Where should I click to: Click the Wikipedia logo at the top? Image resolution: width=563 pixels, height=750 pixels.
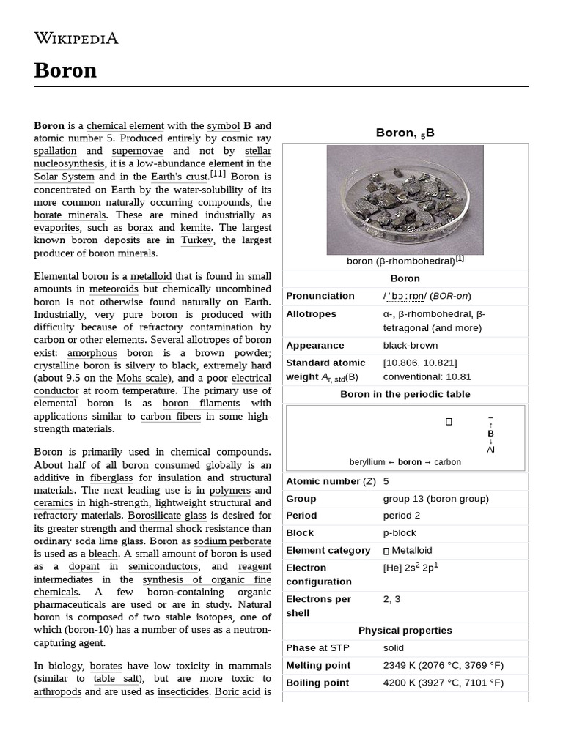coord(76,38)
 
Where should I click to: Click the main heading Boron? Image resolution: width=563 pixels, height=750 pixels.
coord(65,70)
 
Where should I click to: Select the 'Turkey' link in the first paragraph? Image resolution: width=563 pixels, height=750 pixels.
coord(196,240)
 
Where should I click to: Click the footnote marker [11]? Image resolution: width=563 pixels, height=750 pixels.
coord(218,174)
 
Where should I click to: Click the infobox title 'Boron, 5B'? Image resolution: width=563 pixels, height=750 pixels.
coord(405,133)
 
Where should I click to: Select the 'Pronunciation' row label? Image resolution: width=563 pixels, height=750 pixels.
coord(320,296)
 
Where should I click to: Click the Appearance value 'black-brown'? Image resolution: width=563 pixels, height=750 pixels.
coord(410,345)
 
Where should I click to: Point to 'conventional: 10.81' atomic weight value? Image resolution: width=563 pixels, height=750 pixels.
coord(427,376)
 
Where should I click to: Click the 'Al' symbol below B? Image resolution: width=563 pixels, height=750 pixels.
coord(490,449)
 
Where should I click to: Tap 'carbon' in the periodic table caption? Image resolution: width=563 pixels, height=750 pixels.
coord(447,462)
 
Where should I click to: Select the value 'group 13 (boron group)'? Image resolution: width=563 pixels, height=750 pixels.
coord(435,498)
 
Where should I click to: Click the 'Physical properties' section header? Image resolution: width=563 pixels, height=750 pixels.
coord(405,630)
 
